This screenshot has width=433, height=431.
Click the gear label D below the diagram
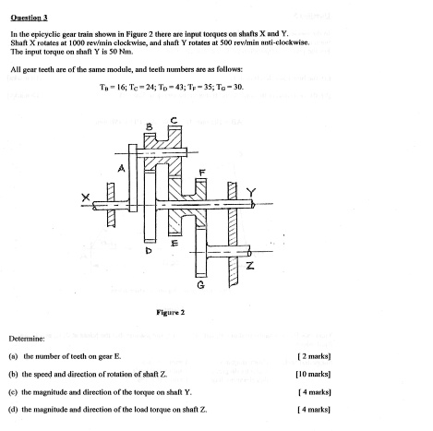146,249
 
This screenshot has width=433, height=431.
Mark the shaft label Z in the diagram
249,266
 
